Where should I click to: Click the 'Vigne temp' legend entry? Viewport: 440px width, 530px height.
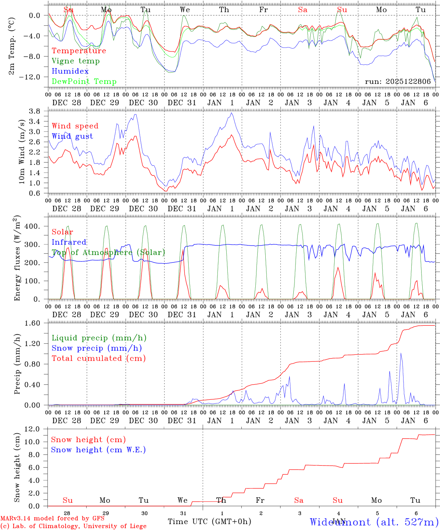[x=76, y=61]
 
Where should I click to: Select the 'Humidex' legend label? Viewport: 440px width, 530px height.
[x=70, y=71]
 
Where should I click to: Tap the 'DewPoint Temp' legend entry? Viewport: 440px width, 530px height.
[x=84, y=82]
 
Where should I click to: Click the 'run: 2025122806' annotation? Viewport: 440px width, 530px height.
[x=398, y=82]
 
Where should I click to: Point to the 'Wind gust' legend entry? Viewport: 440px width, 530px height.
[x=72, y=136]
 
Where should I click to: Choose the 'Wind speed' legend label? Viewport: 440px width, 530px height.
[x=75, y=126]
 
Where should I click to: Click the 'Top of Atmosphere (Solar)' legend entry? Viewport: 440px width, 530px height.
[x=108, y=252]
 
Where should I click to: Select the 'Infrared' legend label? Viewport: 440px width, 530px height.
[x=69, y=242]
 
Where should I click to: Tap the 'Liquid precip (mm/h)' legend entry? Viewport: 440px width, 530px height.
[x=99, y=338]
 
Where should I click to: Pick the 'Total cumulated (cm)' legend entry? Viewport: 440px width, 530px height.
[x=99, y=358]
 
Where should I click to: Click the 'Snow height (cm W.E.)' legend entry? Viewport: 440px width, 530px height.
[x=98, y=450]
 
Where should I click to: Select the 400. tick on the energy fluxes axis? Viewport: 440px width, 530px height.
[x=32, y=226]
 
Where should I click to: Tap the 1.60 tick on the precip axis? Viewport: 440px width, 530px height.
[x=32, y=323]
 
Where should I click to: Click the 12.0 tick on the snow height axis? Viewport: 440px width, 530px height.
[x=32, y=429]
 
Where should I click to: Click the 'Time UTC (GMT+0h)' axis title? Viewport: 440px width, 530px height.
[x=209, y=522]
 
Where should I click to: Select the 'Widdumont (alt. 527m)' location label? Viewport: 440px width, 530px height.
[x=374, y=522]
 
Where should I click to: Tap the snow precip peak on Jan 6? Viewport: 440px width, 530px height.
[x=401, y=353]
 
